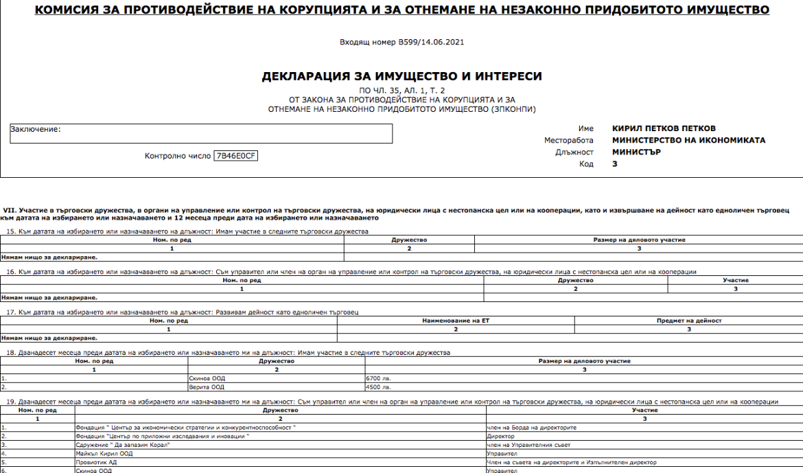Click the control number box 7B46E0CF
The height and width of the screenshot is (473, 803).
[235, 155]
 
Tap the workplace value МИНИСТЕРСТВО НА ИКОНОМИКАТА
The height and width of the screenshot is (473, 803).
[688, 140]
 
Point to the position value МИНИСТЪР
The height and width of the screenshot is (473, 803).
[636, 152]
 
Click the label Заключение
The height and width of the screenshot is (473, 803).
[36, 128]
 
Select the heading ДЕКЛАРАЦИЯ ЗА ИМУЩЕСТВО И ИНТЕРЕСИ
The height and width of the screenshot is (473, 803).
[401, 76]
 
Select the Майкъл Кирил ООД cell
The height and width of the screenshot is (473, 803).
[99, 453]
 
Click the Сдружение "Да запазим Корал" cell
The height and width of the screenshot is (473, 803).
[122, 445]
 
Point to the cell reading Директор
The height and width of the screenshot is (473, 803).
[500, 436]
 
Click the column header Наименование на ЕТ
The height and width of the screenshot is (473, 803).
[455, 321]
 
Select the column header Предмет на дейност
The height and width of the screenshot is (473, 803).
[688, 321]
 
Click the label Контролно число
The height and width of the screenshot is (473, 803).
[177, 156]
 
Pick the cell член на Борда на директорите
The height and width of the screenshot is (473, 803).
[531, 427]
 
